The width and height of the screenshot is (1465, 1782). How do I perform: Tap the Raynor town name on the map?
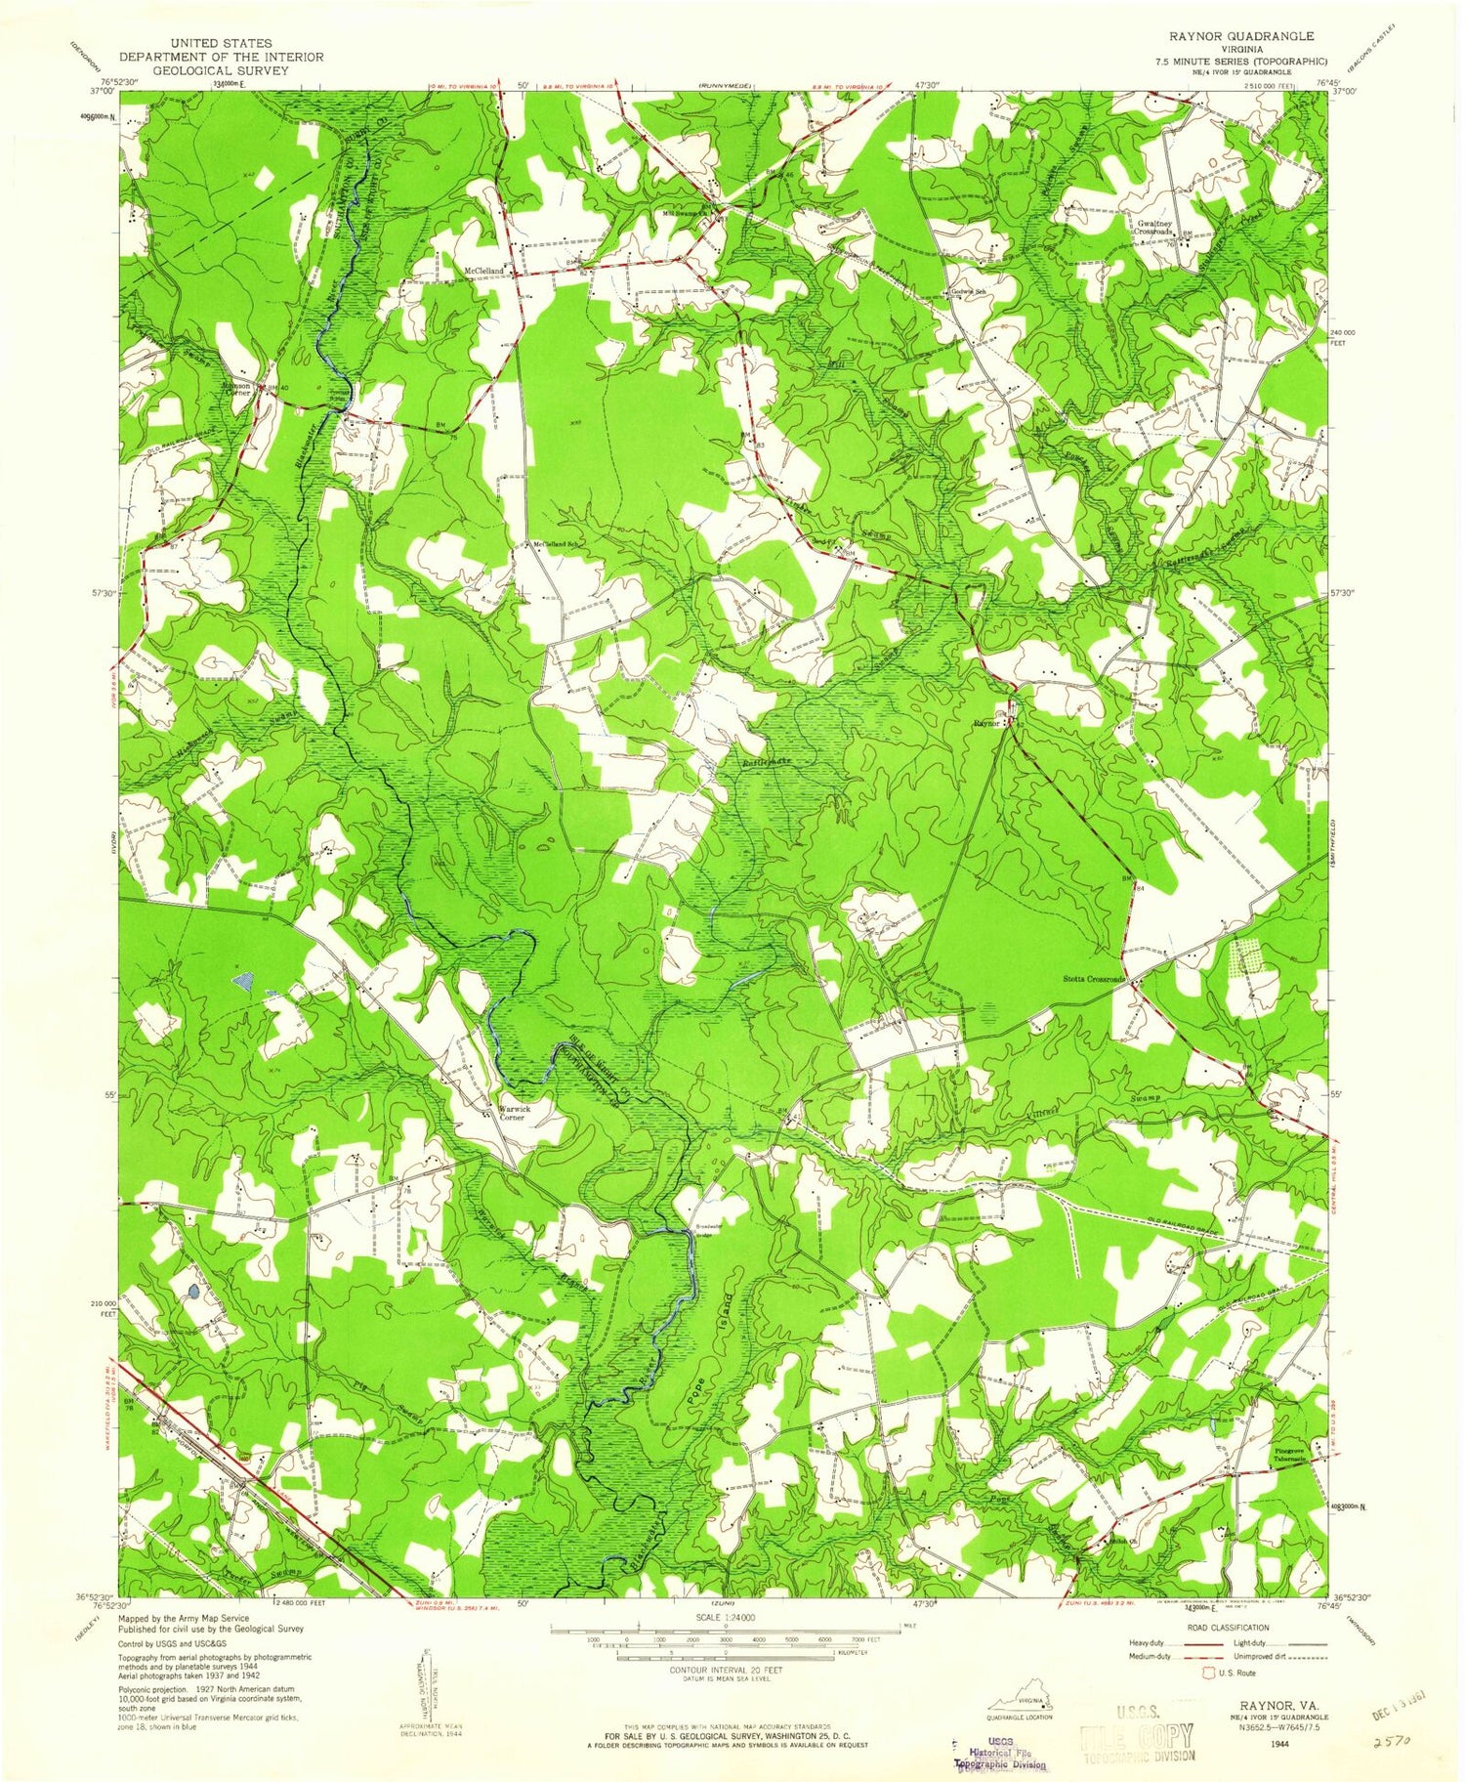click(986, 724)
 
